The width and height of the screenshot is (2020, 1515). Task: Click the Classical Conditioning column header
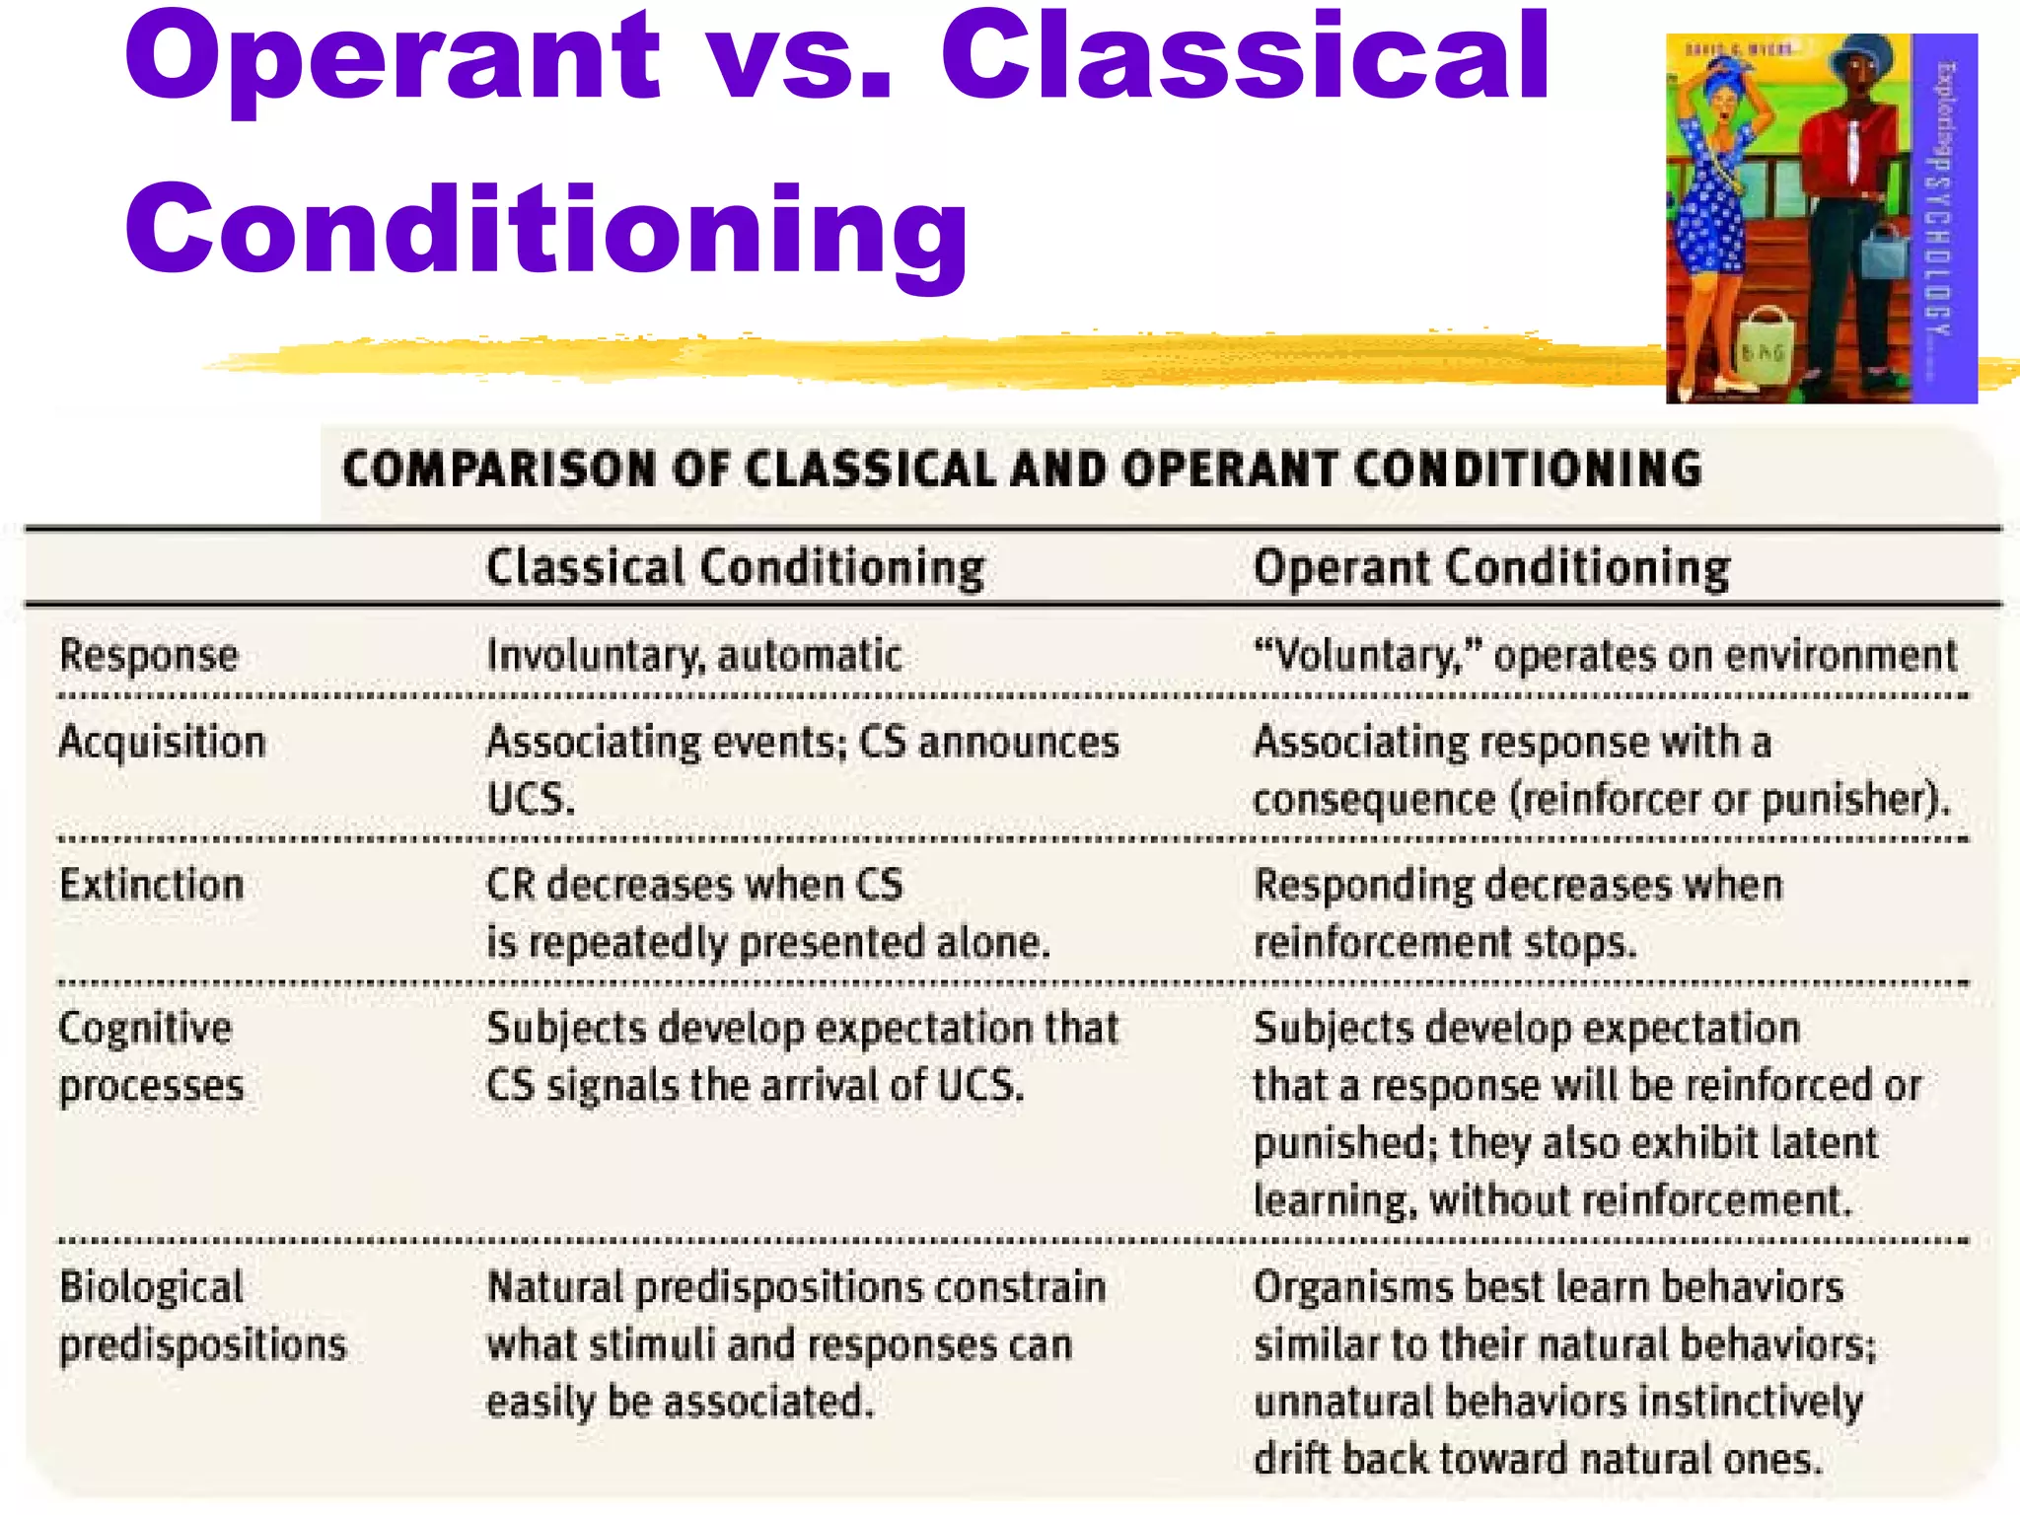point(735,568)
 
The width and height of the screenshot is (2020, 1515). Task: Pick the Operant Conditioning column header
point(1491,568)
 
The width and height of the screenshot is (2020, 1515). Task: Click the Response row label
point(149,655)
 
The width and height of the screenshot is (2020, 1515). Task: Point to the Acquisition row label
point(163,742)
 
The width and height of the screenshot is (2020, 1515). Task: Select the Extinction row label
point(152,885)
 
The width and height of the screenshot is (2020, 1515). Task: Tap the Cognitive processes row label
point(151,1056)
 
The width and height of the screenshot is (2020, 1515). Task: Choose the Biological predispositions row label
point(202,1316)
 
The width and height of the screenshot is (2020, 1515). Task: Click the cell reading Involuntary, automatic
point(694,655)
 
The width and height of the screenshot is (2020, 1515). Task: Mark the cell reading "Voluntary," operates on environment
point(1605,655)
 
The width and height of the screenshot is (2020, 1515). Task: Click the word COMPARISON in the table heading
point(501,469)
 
